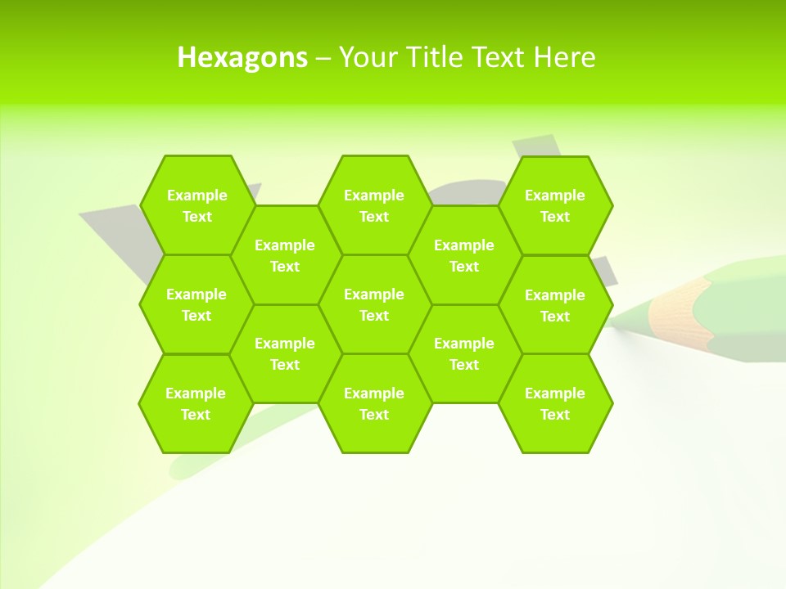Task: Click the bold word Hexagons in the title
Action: [242, 57]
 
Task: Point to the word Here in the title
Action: [564, 57]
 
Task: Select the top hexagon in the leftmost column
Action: [196, 205]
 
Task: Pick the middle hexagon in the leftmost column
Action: [196, 304]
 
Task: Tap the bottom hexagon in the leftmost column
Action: [196, 403]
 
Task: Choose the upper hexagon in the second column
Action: [285, 255]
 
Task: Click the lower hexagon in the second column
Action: [285, 353]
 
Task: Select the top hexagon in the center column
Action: [374, 205]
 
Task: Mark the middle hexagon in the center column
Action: [374, 304]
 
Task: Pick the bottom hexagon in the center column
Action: [374, 403]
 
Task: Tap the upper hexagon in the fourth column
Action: [464, 255]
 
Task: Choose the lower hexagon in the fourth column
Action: [464, 353]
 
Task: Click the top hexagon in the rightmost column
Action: [555, 205]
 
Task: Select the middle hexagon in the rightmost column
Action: [555, 305]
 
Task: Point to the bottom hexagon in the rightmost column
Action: [555, 403]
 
